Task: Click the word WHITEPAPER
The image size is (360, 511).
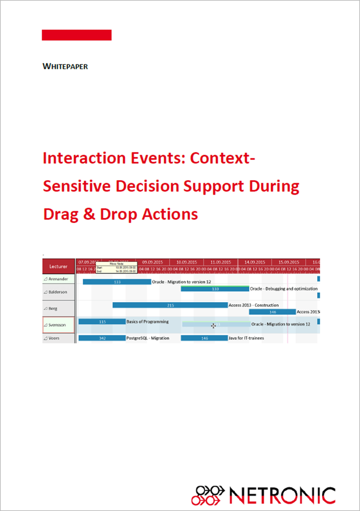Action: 65,67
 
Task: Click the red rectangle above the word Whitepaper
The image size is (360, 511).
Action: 77,35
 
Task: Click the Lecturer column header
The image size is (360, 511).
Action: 58,267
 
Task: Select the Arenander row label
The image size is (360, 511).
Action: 58,279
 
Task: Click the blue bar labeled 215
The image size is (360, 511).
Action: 170,305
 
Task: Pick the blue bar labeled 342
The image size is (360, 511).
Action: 102,338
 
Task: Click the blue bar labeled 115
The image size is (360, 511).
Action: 102,322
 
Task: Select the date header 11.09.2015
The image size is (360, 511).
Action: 220,262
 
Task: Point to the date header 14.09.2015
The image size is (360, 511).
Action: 255,262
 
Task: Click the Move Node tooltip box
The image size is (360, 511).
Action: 116,267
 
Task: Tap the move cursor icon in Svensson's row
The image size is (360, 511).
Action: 214,325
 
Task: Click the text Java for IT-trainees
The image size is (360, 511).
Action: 246,338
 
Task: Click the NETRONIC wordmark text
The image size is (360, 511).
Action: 282,495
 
